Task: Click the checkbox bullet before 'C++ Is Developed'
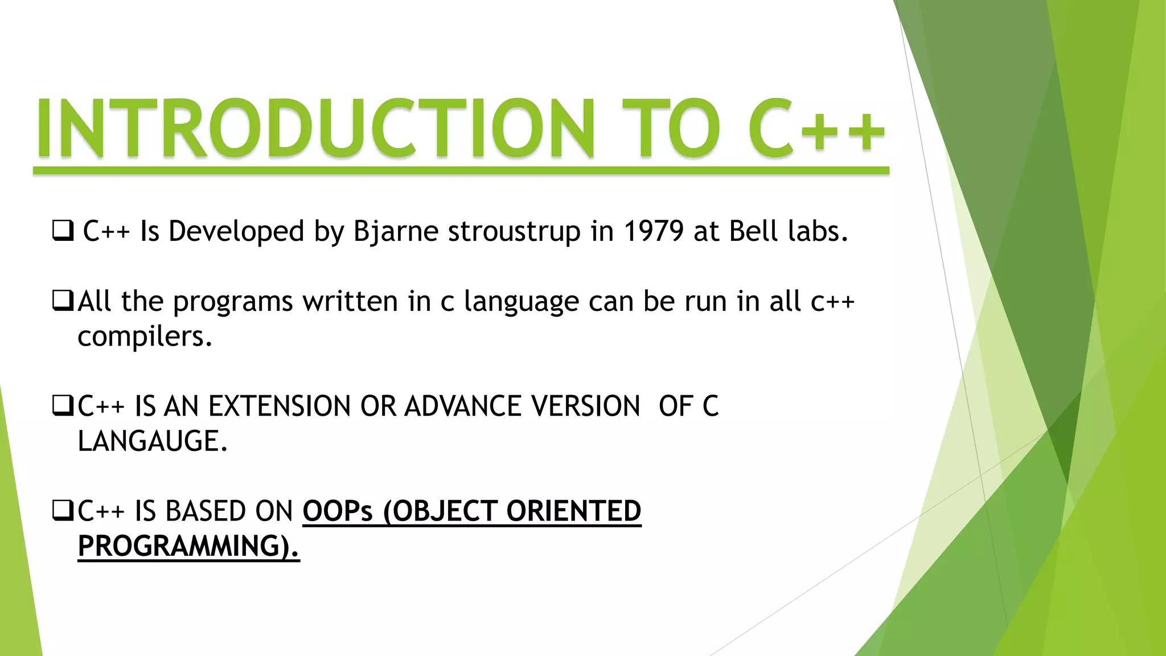(x=63, y=231)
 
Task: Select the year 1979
(x=653, y=231)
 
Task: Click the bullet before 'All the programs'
(x=63, y=301)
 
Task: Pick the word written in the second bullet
(x=350, y=301)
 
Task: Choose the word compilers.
(x=145, y=337)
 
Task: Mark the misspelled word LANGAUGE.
(x=152, y=441)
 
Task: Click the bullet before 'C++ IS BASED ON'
(x=63, y=511)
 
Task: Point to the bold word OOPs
(x=337, y=511)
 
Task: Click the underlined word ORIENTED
(x=573, y=511)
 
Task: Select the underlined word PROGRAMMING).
(x=188, y=546)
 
